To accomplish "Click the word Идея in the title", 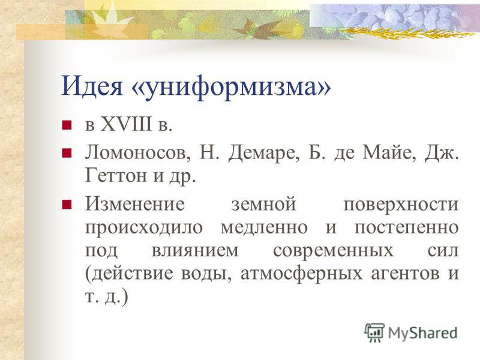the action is pos(92,86).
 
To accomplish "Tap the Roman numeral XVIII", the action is pos(126,125).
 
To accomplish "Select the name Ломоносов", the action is pos(137,153).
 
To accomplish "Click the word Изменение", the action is pos(135,203).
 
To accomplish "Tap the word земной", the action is pos(263,204).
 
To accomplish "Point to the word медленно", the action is pos(264,228).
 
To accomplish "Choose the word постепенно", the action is pos(407,228).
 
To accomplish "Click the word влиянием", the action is pos(194,251).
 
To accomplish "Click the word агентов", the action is pos(406,274).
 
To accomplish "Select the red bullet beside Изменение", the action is pos(67,204).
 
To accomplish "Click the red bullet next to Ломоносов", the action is pos(67,153).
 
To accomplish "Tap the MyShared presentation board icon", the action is pos(374,333).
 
